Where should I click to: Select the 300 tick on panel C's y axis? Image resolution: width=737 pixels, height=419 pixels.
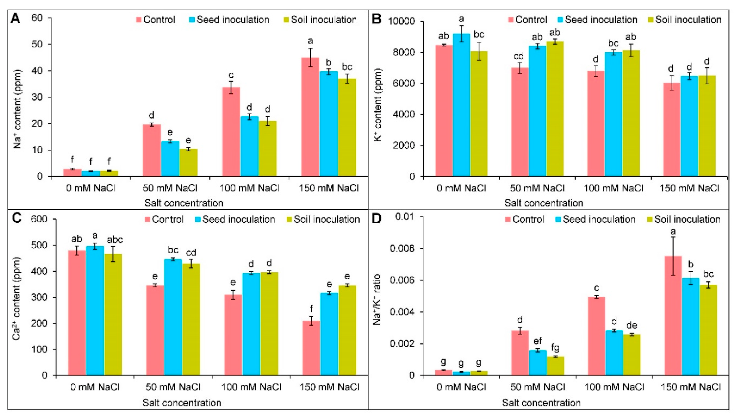[41, 297]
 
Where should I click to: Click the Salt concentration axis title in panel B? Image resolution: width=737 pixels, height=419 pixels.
[544, 203]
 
